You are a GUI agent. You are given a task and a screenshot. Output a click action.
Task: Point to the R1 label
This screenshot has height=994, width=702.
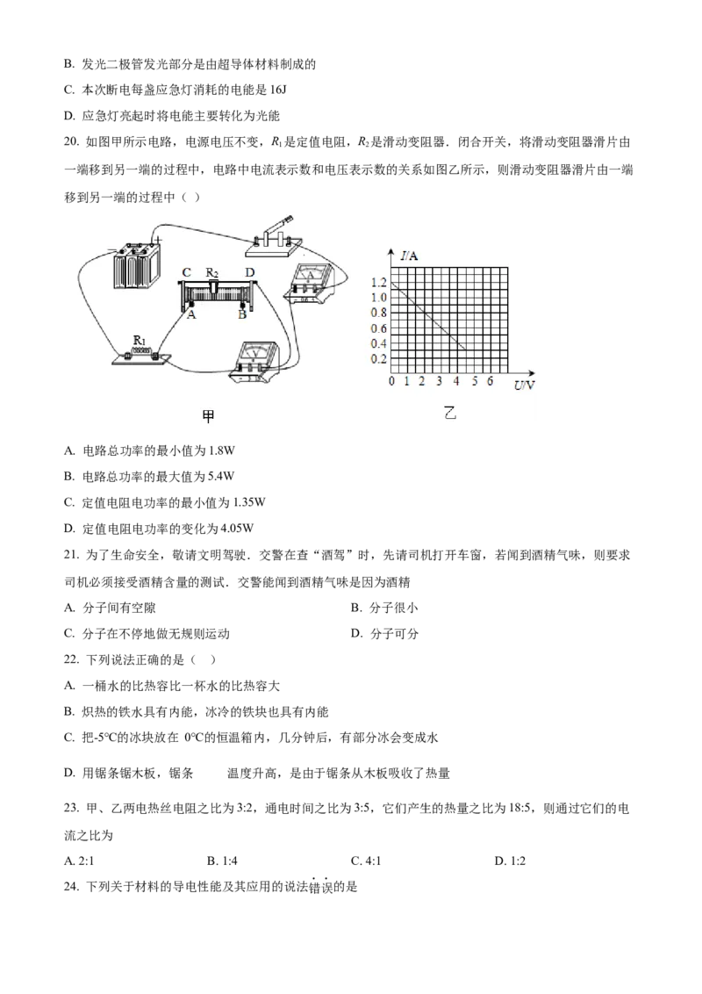(139, 339)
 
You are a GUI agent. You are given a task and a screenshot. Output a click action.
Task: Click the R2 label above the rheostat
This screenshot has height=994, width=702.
(213, 272)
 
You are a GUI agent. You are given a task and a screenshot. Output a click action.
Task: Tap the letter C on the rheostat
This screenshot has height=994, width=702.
(187, 273)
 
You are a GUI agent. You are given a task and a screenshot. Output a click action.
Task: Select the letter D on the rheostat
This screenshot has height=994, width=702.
(249, 273)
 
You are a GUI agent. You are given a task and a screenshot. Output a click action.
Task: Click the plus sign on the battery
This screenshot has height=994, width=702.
(157, 238)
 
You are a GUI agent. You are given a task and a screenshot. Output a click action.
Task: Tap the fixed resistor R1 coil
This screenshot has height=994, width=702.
(140, 353)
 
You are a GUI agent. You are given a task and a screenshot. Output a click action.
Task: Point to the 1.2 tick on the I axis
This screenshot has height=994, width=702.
(378, 283)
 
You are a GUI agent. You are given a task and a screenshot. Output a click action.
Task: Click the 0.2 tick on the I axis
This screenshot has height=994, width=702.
(378, 359)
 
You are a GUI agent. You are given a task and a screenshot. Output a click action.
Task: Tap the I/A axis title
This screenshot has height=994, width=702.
(409, 256)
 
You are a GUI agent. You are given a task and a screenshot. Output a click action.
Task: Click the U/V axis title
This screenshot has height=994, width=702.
(525, 384)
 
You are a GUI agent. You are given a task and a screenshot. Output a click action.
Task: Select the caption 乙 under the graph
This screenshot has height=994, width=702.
(450, 412)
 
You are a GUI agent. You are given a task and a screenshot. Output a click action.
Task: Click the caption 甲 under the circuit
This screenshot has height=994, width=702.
(209, 418)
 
